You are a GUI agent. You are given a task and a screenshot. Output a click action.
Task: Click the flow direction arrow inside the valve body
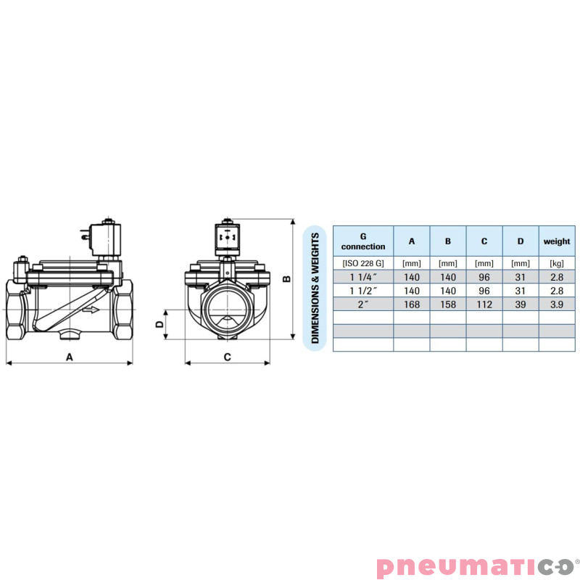point(91,310)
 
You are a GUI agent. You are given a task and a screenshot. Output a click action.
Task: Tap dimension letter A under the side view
point(70,356)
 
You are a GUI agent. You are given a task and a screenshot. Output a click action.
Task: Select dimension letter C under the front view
point(227,356)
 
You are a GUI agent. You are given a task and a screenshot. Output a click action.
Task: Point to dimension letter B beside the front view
point(287,278)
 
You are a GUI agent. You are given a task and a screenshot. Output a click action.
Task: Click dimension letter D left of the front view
point(159,326)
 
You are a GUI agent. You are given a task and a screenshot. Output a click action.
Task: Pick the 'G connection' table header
point(363,241)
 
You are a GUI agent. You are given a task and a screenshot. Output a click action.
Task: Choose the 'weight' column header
point(557,241)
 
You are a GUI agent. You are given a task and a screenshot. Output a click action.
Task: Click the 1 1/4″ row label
point(363,277)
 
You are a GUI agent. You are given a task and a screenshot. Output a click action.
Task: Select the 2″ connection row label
point(363,304)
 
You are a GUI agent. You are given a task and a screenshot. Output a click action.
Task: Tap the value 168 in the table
point(412,304)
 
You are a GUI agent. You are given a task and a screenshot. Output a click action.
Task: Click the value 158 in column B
point(448,304)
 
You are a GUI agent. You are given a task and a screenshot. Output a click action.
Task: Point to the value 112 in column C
point(484,304)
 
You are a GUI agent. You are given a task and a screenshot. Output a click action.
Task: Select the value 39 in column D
point(521,304)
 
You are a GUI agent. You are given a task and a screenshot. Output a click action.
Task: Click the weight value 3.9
point(557,304)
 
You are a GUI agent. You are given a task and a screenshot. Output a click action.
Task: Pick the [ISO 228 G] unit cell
point(363,263)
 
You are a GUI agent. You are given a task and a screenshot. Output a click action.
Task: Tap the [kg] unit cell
point(557,263)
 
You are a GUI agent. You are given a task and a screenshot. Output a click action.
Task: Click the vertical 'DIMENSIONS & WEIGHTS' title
point(315,288)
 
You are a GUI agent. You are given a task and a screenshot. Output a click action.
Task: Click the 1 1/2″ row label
point(363,291)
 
